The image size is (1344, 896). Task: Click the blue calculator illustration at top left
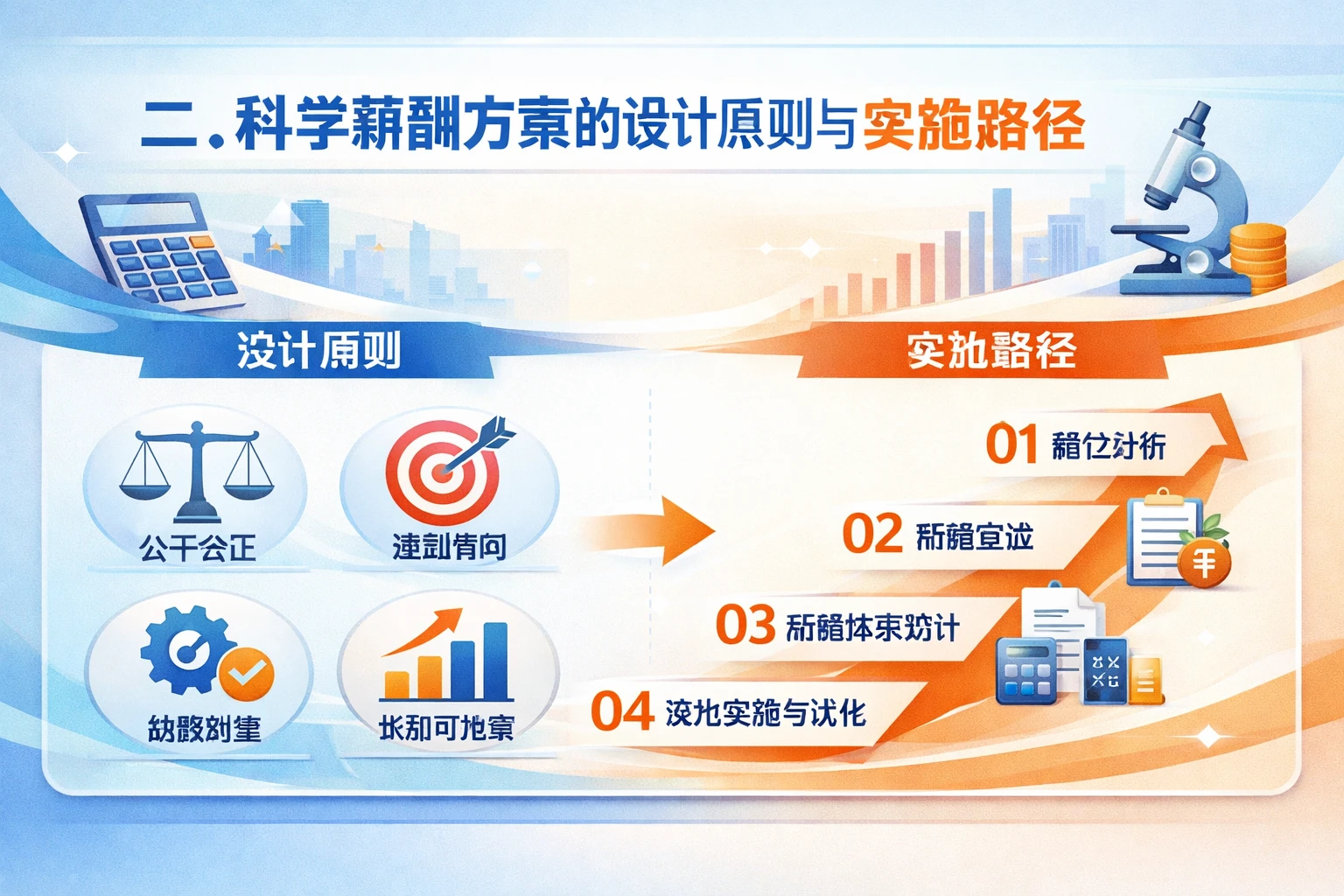[162, 250]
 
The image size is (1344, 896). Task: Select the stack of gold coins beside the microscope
[1258, 254]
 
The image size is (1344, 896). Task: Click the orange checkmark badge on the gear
[247, 674]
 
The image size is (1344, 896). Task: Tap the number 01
[1011, 444]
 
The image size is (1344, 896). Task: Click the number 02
[871, 535]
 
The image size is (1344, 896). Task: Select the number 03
[745, 625]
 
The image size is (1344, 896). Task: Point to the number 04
[622, 711]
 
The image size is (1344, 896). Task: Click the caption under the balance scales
[198, 549]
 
